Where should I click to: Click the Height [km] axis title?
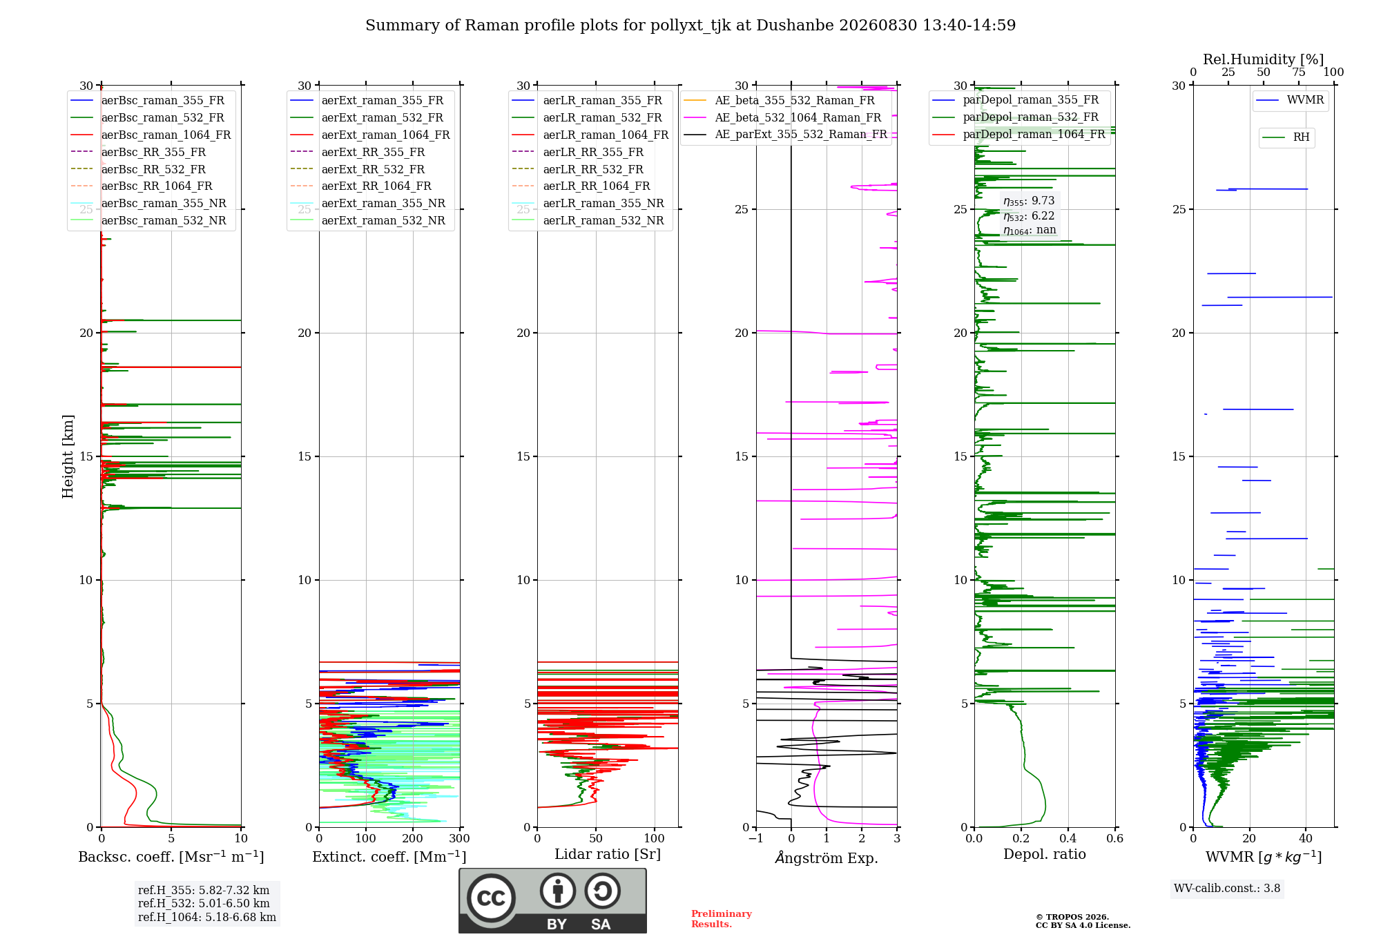[68, 456]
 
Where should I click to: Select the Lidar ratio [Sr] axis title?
[608, 854]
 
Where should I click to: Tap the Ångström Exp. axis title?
[827, 858]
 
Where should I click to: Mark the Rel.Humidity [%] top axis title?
[1264, 59]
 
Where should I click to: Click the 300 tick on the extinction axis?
[459, 839]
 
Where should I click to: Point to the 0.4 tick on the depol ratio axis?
[1068, 839]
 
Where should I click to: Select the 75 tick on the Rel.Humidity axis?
[1299, 72]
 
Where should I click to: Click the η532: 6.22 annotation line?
[1029, 216]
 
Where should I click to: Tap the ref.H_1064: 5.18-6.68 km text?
[207, 917]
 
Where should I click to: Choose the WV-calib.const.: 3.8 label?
[1227, 889]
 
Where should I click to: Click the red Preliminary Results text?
[722, 919]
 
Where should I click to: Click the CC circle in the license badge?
[491, 898]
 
